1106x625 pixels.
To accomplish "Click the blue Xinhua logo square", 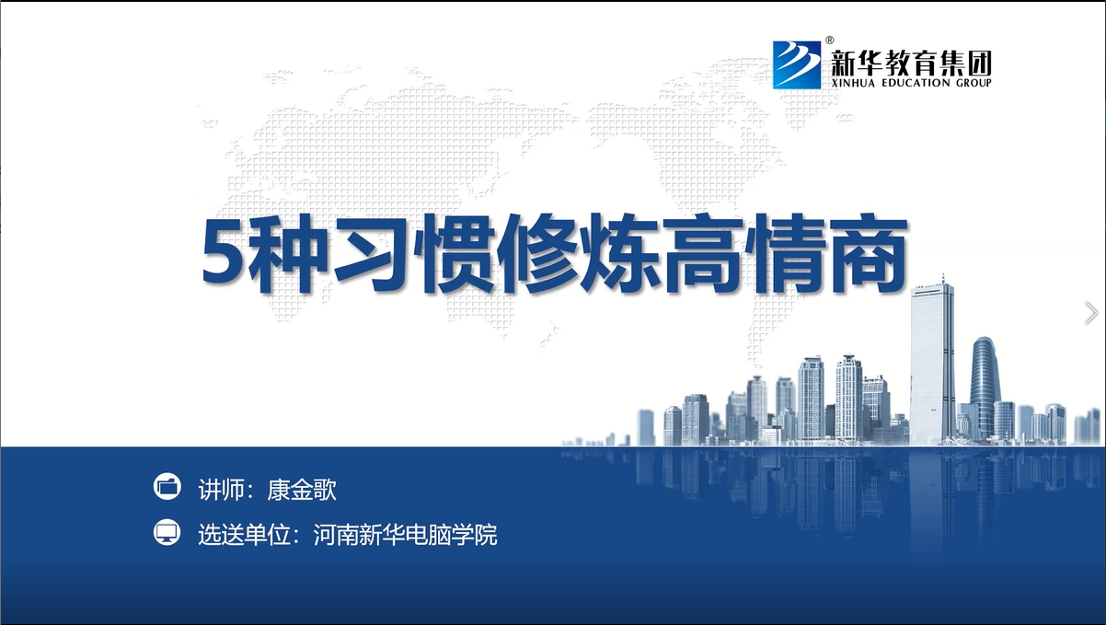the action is (797, 64).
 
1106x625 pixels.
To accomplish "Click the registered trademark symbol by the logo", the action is (830, 40).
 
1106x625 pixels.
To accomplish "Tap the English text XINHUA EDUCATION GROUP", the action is (912, 83).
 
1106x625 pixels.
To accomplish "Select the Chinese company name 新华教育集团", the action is (912, 64).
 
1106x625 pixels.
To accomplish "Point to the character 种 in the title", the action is (286, 254).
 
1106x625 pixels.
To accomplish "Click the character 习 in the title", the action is (370, 254).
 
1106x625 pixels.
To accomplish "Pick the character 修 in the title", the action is (537, 254).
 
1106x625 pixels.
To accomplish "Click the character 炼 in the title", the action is (620, 254).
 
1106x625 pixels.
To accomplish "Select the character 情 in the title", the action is (786, 254).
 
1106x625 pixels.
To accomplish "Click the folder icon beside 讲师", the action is (167, 487).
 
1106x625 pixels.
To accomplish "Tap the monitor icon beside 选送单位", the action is (167, 532).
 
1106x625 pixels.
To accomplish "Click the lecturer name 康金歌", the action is (302, 490).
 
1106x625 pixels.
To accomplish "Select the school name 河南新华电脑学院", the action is (405, 535).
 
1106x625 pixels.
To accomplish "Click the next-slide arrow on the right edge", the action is (1091, 313).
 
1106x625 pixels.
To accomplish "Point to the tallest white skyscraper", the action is (931, 361).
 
